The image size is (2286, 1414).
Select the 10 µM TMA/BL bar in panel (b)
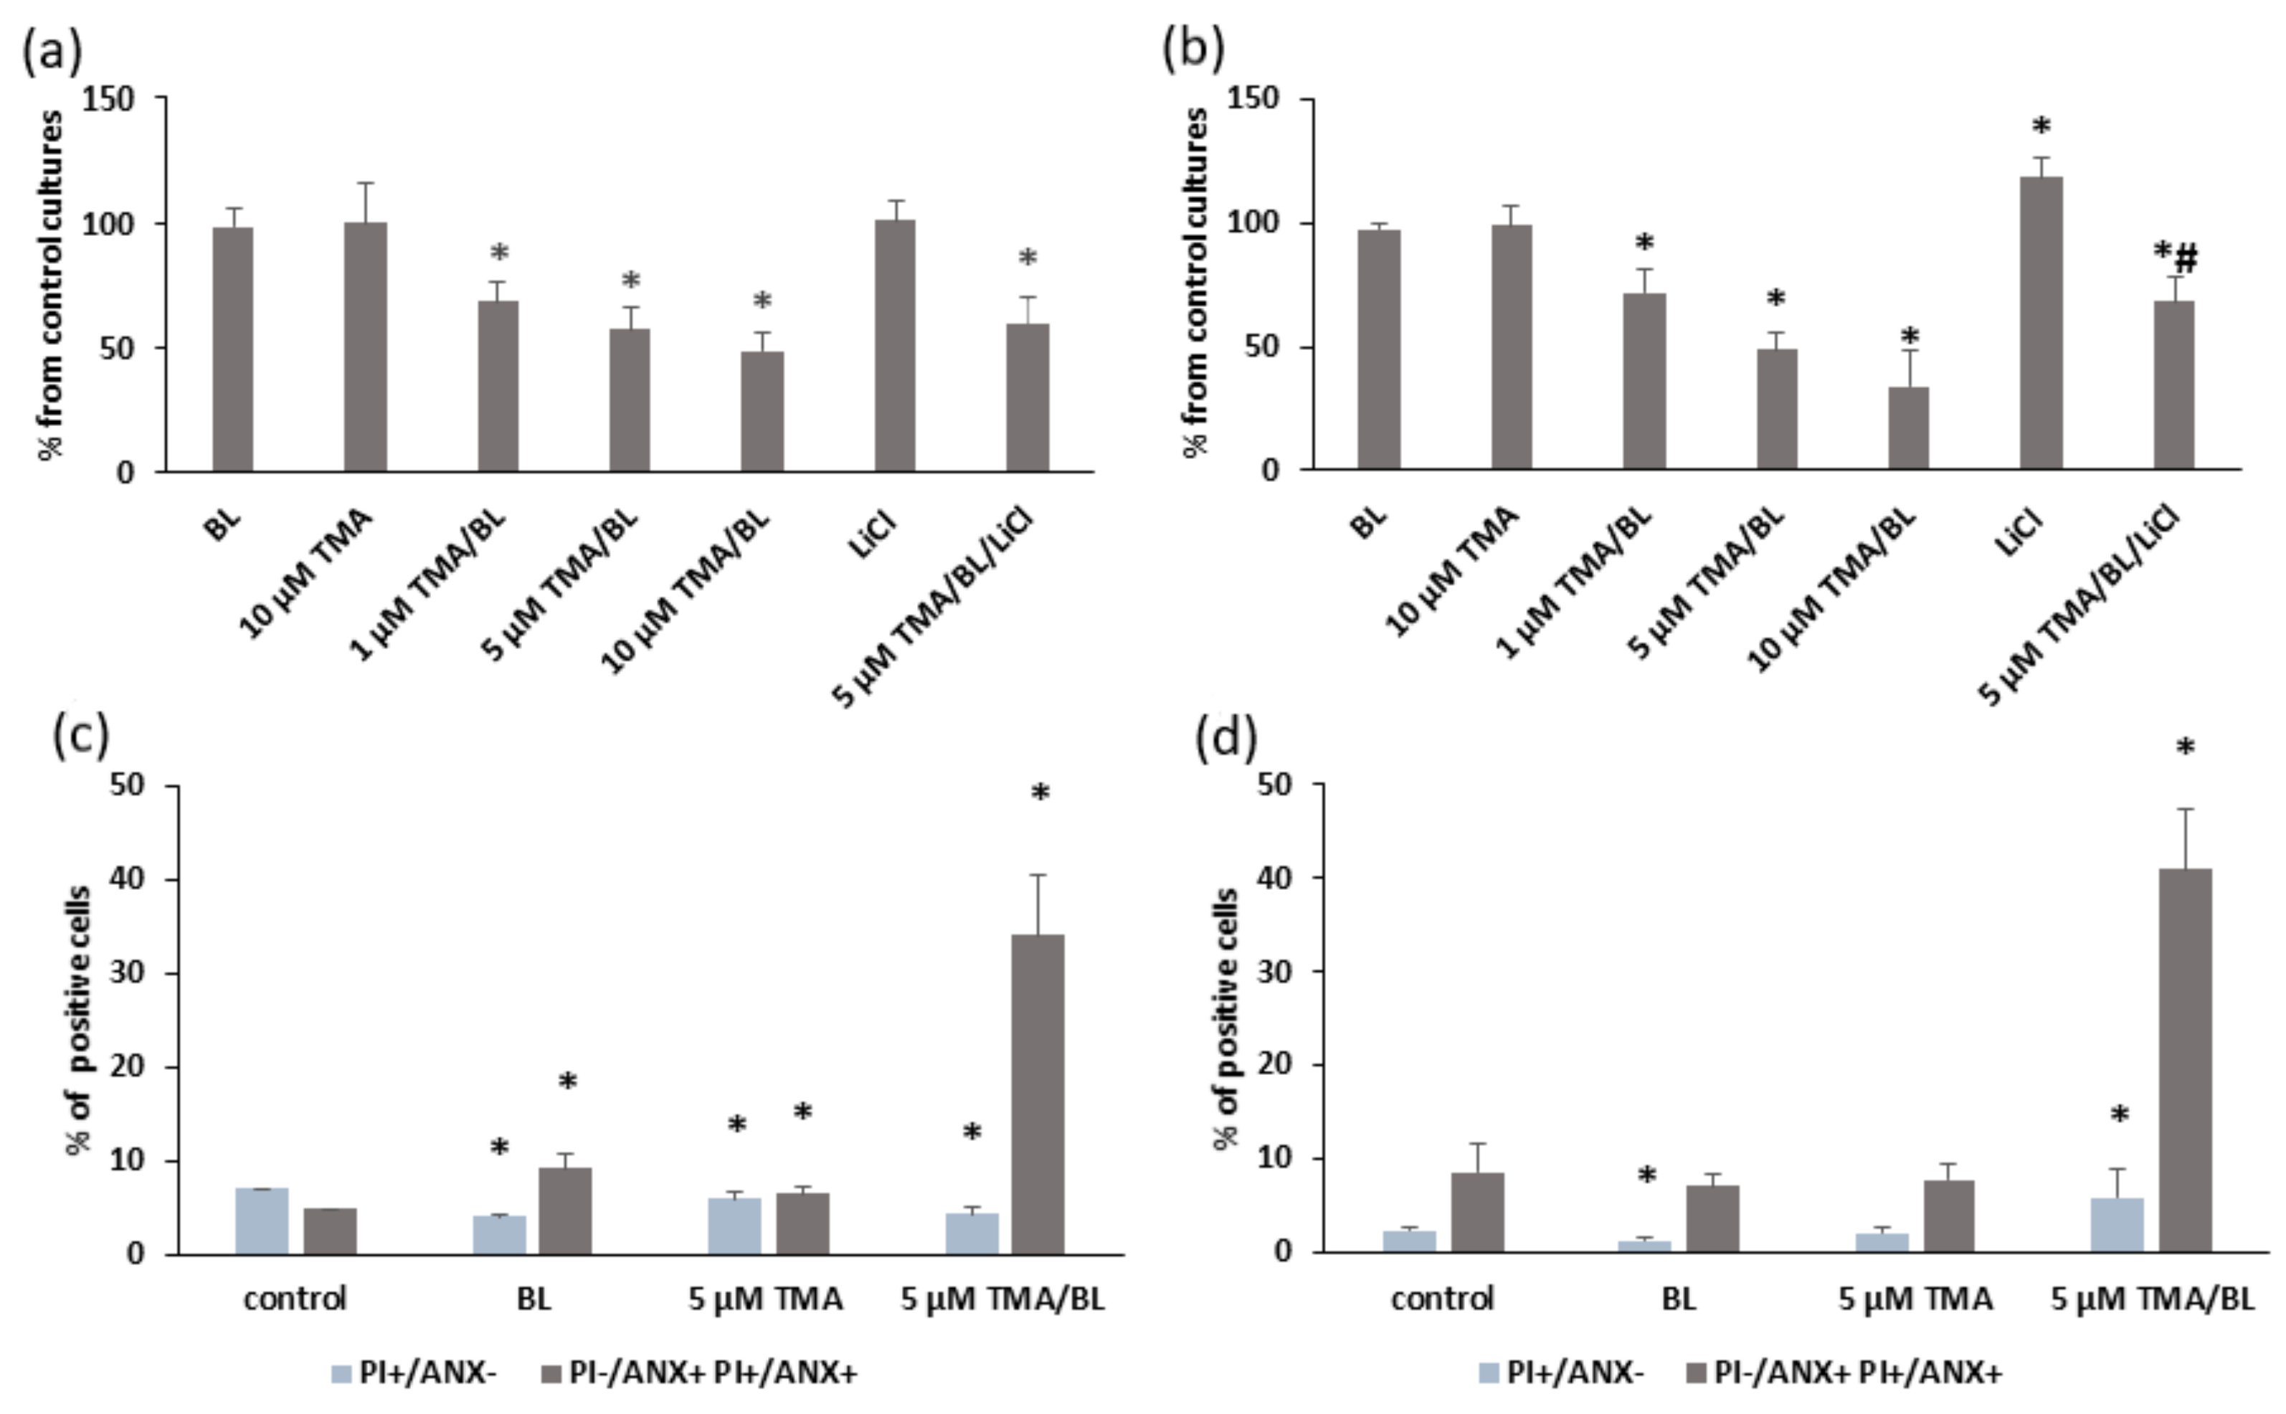[1908, 427]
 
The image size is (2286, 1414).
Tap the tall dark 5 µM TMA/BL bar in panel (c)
[1038, 1094]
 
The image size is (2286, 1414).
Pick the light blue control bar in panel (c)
[262, 1220]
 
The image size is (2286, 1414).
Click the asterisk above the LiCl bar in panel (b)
[2040, 127]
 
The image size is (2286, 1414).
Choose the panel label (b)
[1192, 49]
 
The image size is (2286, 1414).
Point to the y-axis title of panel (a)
[52, 285]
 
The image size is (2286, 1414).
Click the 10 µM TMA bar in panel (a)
[365, 347]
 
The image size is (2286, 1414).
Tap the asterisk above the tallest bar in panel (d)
[2185, 747]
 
